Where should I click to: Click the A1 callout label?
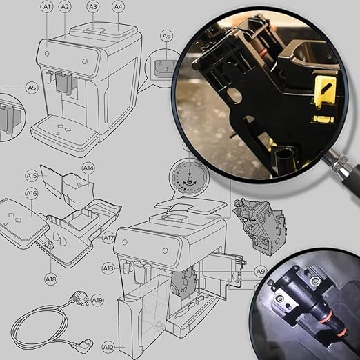[x=47, y=7]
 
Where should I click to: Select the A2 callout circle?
[x=65, y=7]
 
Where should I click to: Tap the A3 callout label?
[x=93, y=7]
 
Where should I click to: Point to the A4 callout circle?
[x=118, y=7]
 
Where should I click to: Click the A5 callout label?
[x=32, y=88]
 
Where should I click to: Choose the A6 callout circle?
[x=167, y=36]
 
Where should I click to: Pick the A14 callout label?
[x=88, y=168]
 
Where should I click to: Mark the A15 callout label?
[x=32, y=176]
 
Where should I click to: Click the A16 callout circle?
[x=32, y=194]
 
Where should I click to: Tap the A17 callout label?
[x=108, y=237]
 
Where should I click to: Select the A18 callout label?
[x=51, y=279]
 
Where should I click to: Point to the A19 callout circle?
[x=97, y=300]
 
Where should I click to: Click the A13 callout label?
[x=108, y=268]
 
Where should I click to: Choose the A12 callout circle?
[x=108, y=347]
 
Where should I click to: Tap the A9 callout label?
[x=261, y=272]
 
